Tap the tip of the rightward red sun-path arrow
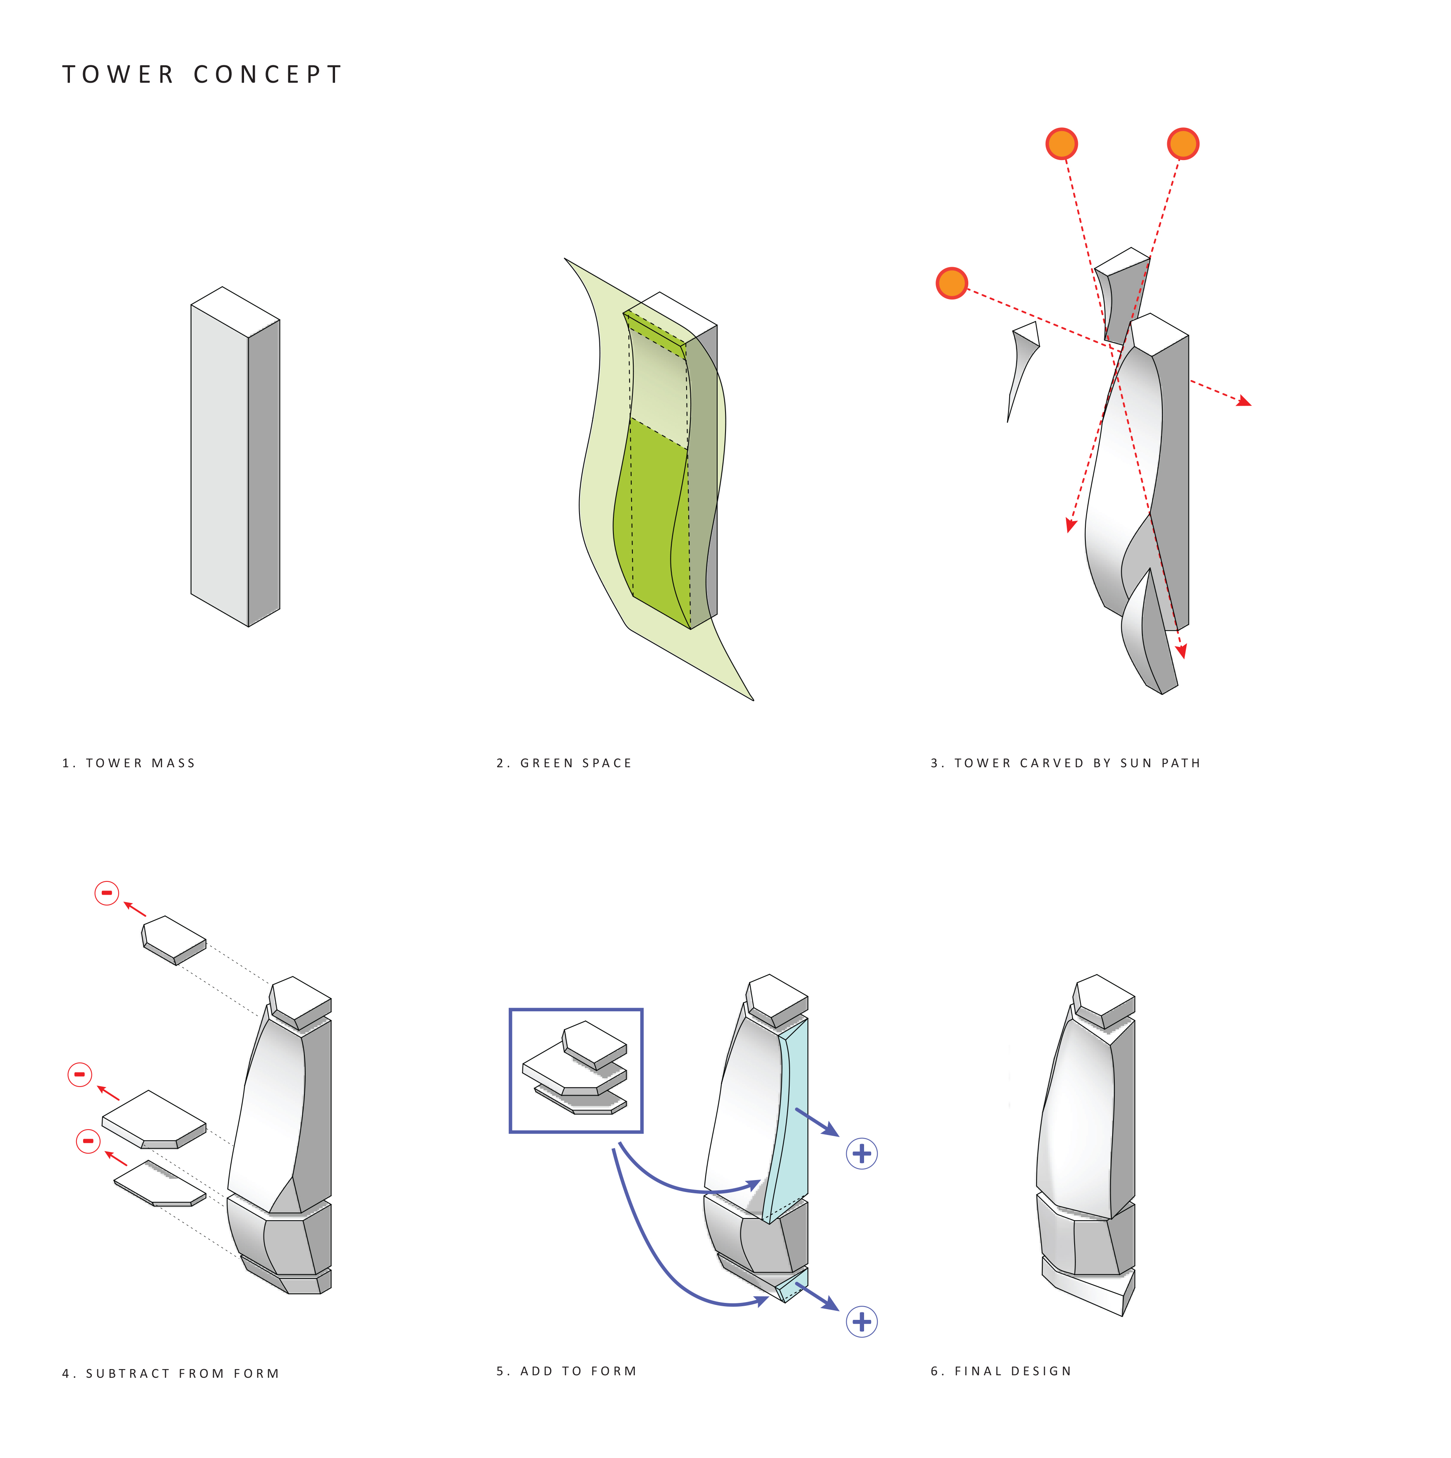pyautogui.click(x=1251, y=405)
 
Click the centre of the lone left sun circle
pyautogui.click(x=951, y=283)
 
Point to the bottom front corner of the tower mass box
pyautogui.click(x=248, y=626)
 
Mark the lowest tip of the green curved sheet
pyautogui.click(x=754, y=700)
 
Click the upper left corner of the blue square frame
pyautogui.click(x=511, y=1010)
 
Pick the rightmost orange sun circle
pyautogui.click(x=1183, y=144)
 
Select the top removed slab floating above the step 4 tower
pyautogui.click(x=174, y=940)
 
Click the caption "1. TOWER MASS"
pyautogui.click(x=128, y=763)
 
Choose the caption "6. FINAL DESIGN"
pyautogui.click(x=1001, y=1371)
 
